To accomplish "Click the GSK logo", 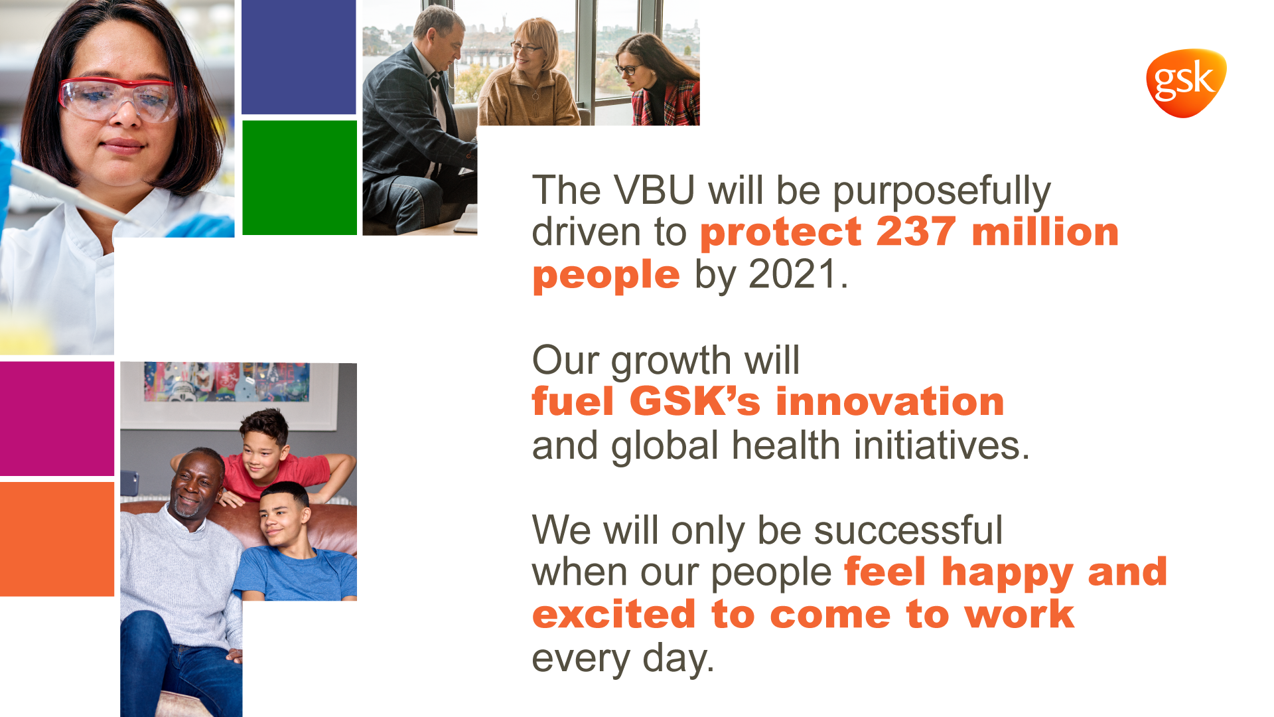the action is (x=1186, y=83).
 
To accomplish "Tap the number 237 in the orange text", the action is (x=916, y=232).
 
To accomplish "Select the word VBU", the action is (x=654, y=190).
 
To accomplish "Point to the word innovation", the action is (x=890, y=402).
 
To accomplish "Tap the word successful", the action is (x=908, y=530).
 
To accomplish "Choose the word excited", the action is (x=614, y=614).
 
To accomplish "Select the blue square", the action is (x=299, y=57).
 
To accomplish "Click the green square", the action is (x=300, y=177).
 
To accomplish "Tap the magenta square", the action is (x=57, y=418).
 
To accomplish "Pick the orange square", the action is (x=57, y=539).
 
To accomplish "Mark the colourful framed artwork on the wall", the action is (x=226, y=382).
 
